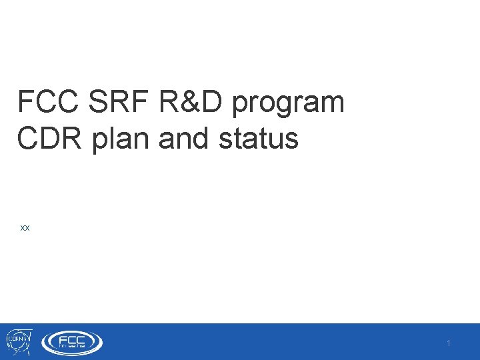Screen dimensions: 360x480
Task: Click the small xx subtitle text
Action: [x=25, y=228]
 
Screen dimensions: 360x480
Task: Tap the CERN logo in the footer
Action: [x=18, y=342]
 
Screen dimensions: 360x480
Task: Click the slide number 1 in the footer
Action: [x=449, y=343]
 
